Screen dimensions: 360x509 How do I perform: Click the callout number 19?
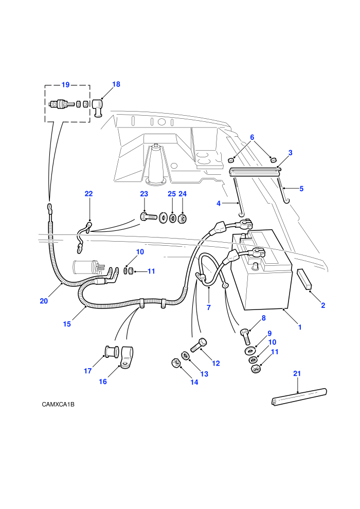point(66,85)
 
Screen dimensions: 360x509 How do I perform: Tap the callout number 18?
point(116,84)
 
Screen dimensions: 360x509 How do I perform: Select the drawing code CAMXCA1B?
point(58,405)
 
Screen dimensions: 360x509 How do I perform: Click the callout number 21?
point(297,374)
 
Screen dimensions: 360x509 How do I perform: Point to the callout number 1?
point(300,327)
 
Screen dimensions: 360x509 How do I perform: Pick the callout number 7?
point(209,307)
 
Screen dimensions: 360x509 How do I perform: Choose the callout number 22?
point(88,194)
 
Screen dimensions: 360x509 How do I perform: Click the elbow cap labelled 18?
point(97,107)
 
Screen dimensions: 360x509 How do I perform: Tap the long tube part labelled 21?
point(299,397)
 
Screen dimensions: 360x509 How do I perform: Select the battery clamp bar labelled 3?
point(255,171)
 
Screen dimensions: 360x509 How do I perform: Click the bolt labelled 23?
point(149,216)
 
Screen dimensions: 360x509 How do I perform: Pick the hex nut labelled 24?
point(183,219)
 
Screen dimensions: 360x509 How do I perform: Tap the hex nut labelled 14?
point(175,362)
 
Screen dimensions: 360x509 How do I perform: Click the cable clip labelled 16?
point(127,358)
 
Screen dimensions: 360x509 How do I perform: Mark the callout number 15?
point(67,324)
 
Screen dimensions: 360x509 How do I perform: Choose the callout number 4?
point(219,204)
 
